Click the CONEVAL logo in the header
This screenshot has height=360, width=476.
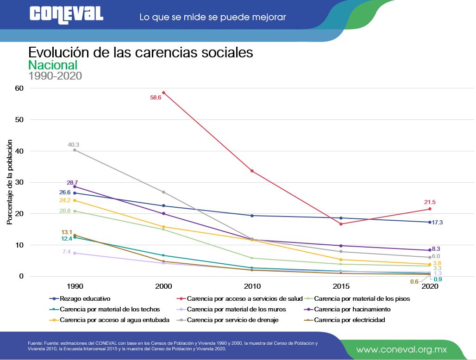coord(66,14)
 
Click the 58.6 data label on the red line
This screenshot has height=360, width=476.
coord(155,98)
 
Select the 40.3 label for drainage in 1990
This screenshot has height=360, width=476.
coord(73,145)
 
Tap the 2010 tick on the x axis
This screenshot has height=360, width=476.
coord(252,286)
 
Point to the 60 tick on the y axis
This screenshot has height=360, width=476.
coord(19,88)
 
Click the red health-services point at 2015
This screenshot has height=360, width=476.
coord(341,224)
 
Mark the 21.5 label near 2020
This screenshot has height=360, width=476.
coord(430,202)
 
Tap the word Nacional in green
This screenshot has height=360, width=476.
coord(53,65)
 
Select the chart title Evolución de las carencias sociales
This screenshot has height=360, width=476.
coord(141,52)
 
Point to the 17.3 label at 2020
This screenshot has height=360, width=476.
coord(437,223)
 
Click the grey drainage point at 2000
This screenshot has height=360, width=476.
coord(163,192)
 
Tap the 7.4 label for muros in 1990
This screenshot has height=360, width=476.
coord(66,252)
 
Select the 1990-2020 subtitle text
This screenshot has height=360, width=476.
coord(55,76)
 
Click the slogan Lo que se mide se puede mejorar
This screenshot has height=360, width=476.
coord(213,17)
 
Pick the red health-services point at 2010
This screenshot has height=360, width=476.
coord(252,171)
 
